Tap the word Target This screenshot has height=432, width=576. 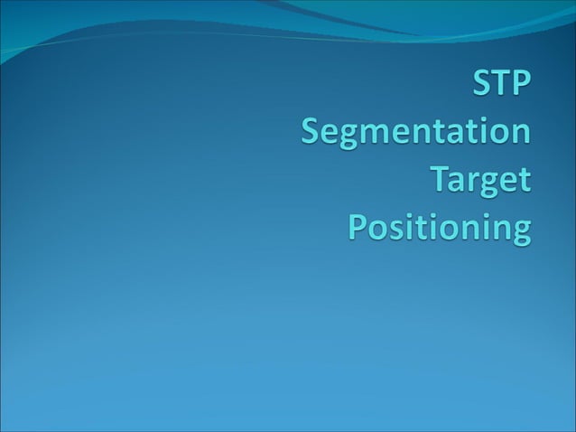(x=480, y=181)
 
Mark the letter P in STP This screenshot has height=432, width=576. (x=524, y=91)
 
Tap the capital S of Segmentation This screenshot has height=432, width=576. (x=311, y=136)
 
